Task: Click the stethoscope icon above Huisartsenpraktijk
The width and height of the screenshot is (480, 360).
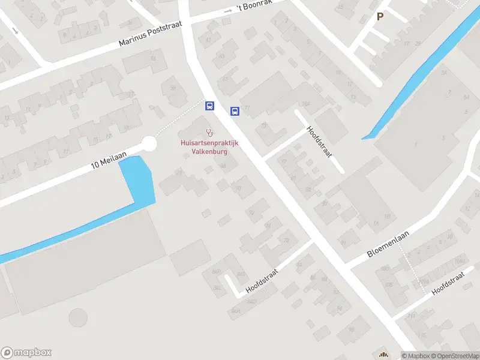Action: (x=209, y=132)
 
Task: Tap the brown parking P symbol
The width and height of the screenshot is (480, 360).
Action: (x=380, y=17)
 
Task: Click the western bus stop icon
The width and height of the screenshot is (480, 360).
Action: (x=209, y=106)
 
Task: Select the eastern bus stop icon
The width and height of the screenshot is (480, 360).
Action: (x=235, y=111)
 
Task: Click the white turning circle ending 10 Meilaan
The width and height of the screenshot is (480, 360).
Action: (x=149, y=144)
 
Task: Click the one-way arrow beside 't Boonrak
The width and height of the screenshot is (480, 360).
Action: (x=228, y=11)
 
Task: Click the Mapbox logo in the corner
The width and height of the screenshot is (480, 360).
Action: (x=26, y=353)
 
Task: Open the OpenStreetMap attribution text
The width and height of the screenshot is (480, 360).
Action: (x=454, y=356)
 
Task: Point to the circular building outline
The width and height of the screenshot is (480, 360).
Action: (x=77, y=318)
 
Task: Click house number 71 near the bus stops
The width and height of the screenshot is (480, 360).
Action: (x=247, y=107)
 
